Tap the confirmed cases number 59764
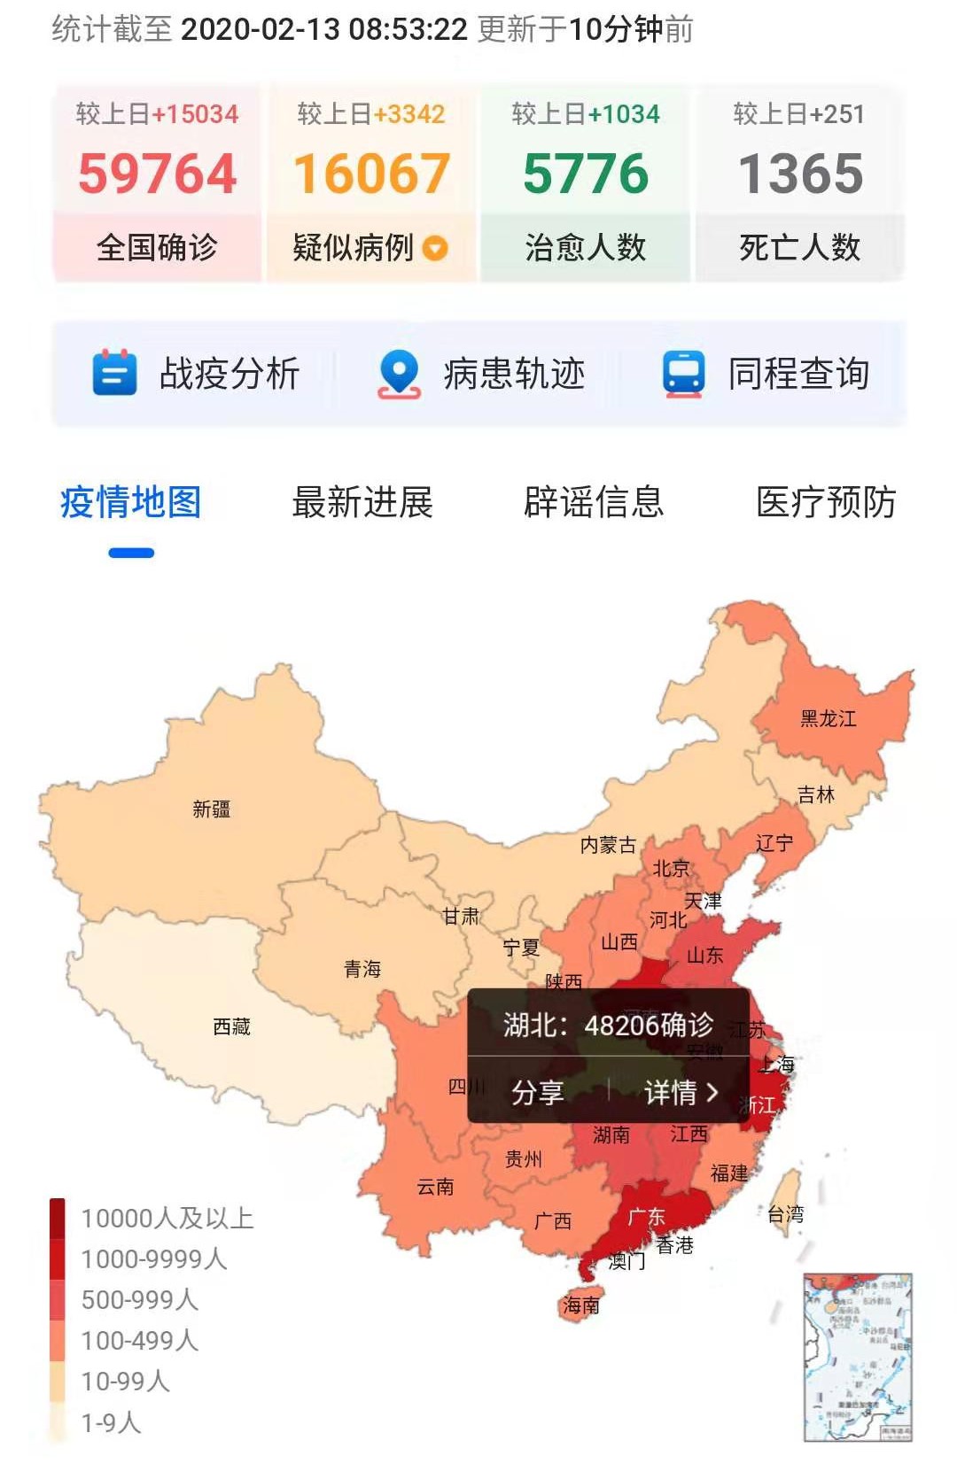click(x=157, y=174)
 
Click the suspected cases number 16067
click(x=371, y=174)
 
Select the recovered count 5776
click(x=586, y=174)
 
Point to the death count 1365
click(x=800, y=174)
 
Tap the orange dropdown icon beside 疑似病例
click(x=435, y=248)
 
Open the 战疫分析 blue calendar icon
click(x=114, y=373)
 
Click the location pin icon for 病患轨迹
click(x=400, y=373)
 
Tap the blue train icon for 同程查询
click(x=684, y=373)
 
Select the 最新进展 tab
click(x=362, y=502)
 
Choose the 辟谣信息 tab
click(x=594, y=502)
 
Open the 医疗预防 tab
click(x=826, y=502)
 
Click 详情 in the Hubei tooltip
click(x=681, y=1092)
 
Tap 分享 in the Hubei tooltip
click(x=537, y=1092)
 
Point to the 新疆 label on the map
click(x=212, y=809)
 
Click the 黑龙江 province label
click(x=829, y=718)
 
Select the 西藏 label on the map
click(x=232, y=1026)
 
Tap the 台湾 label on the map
click(x=785, y=1214)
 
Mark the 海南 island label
click(x=581, y=1305)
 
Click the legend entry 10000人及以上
click(x=167, y=1219)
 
